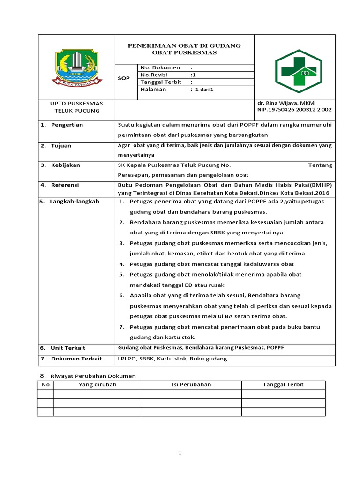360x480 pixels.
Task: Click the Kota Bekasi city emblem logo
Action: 76,67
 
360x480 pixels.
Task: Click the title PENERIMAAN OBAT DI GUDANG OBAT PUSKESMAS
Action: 184,49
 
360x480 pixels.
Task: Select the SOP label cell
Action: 123,79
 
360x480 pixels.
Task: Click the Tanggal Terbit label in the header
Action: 160,82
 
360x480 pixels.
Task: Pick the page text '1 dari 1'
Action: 204,90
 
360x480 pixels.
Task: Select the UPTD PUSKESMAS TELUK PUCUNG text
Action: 76,106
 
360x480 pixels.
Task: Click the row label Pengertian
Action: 67,125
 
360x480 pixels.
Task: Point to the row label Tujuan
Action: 61,146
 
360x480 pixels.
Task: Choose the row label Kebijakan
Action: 65,165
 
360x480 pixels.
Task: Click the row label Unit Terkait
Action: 68,348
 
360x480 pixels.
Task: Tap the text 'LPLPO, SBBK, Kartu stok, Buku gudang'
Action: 172,359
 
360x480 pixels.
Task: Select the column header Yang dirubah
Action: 97,384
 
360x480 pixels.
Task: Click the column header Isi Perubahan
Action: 191,384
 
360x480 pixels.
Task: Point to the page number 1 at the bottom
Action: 180,453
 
